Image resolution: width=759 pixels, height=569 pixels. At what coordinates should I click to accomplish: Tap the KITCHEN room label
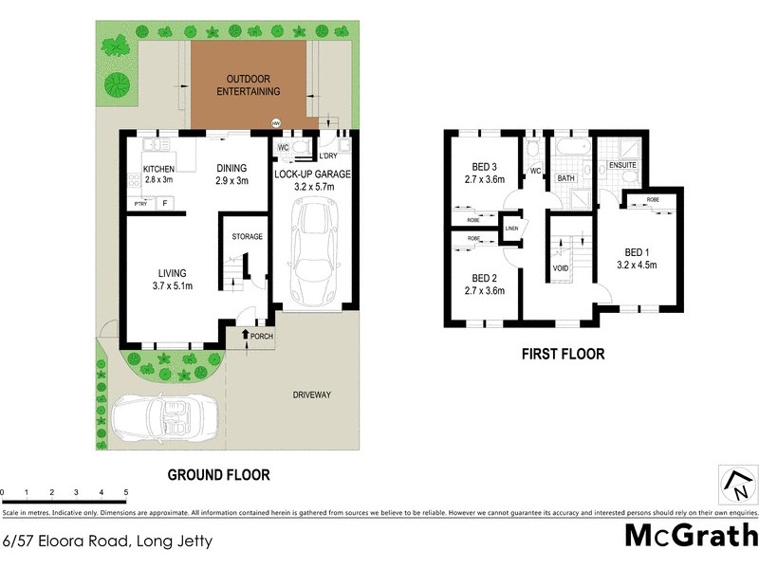point(159,174)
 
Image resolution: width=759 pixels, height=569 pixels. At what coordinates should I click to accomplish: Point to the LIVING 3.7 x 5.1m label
point(172,279)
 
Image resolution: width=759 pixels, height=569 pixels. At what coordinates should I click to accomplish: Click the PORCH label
point(262,336)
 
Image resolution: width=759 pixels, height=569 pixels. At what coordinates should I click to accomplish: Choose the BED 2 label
point(485,284)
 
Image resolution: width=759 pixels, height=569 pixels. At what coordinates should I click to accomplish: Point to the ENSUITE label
point(622,165)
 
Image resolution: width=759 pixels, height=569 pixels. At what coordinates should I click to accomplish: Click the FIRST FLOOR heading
point(563,354)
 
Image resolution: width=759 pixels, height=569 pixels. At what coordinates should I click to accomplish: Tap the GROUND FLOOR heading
point(219,474)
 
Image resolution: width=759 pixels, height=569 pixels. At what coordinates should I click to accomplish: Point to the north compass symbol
point(735,484)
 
